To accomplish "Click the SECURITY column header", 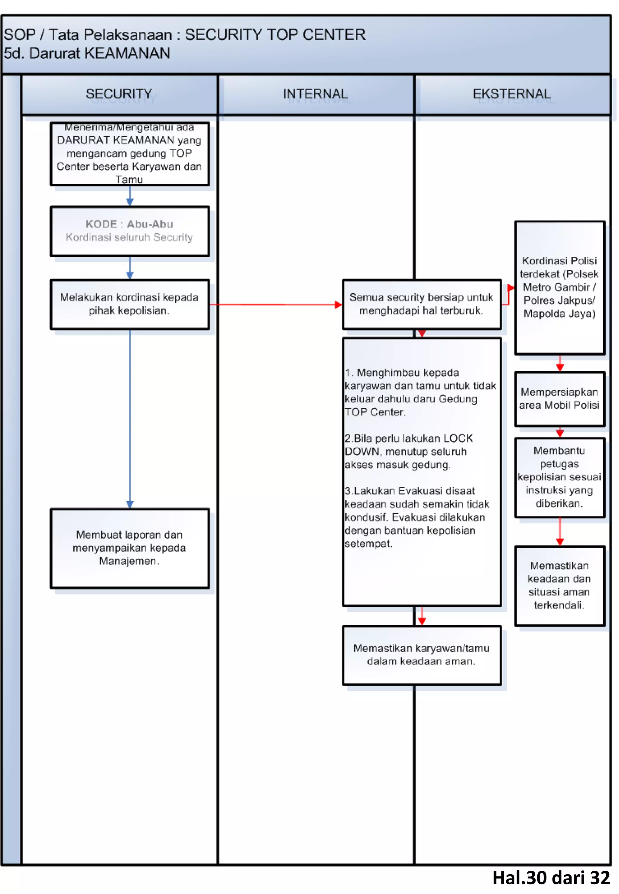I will coord(119,94).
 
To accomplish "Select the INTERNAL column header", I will coord(315,94).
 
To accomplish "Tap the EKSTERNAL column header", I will coord(512,94).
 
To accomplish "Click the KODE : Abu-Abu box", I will coord(130,231).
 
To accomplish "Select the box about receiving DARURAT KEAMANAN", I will coord(130,153).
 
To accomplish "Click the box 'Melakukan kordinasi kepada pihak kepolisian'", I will coord(130,304).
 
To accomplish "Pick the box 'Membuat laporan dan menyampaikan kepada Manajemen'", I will coord(130,548).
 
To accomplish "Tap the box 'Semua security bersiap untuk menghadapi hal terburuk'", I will coord(422,304).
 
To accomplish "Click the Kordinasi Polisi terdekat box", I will coord(559,287).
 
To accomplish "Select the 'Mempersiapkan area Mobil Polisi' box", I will coord(559,399).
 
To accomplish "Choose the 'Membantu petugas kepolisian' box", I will coord(559,477).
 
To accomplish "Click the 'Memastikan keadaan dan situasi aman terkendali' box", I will coord(559,586).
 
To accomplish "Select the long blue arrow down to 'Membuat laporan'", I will coord(130,419).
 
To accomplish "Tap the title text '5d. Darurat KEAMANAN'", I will coord(87,53).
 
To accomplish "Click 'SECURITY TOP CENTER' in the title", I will coord(275,35).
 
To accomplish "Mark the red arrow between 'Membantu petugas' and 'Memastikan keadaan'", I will coord(560,531).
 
